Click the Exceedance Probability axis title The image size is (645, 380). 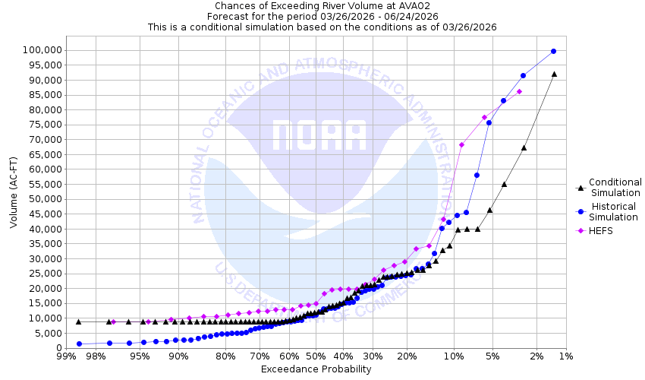pos(316,369)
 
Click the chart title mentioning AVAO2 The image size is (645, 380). pos(322,5)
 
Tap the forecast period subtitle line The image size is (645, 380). pos(322,16)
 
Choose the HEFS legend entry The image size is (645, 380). pos(597,230)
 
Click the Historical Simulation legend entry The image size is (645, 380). pos(614,212)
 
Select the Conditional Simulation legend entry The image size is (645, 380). pos(615,187)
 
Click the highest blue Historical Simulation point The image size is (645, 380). pos(553,51)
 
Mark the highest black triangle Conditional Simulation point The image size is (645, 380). pos(554,74)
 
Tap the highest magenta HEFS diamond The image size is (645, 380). pos(519,92)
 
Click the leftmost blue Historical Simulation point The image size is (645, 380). pos(79,344)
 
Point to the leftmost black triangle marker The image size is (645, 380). pos(78,321)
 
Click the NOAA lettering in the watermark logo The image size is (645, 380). pos(319,136)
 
